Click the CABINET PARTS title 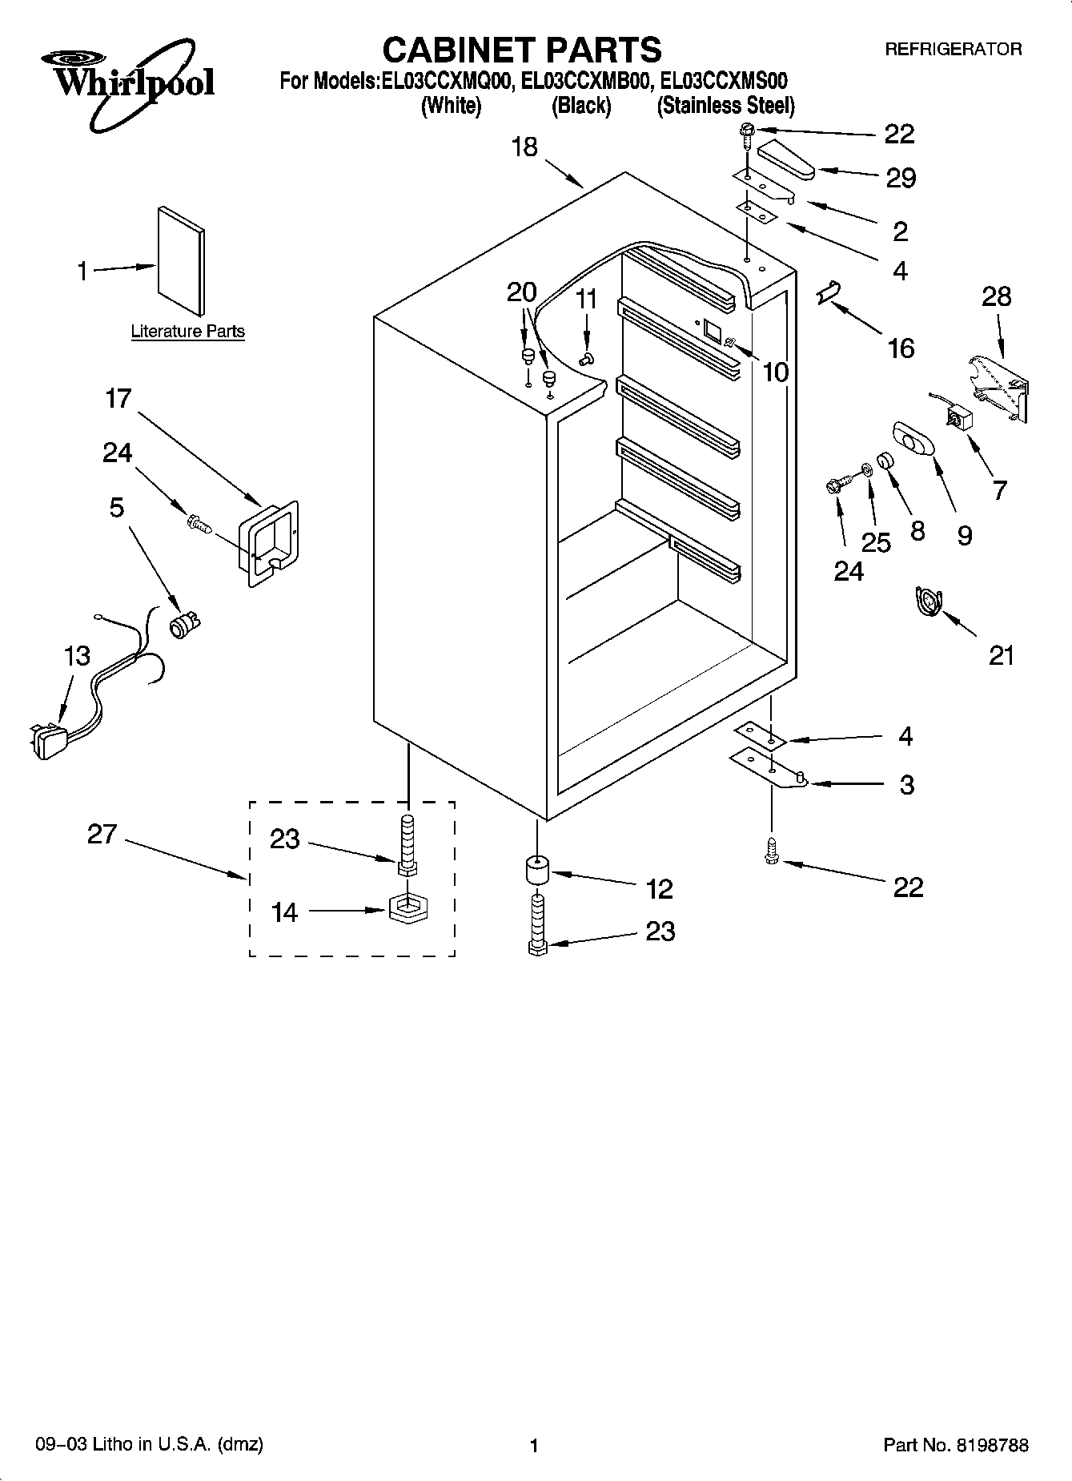[522, 50]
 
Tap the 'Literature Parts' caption [187, 332]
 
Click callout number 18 [525, 147]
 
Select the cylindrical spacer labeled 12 [536, 871]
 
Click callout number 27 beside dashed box [102, 835]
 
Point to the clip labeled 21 [929, 602]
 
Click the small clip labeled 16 [827, 294]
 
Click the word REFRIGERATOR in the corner [953, 50]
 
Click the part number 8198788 [990, 1445]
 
